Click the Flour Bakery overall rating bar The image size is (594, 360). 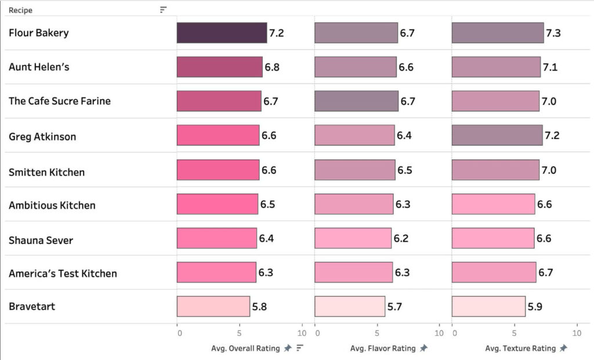[x=222, y=33]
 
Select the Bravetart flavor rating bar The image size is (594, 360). [x=350, y=307]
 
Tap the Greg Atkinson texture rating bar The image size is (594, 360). [x=497, y=136]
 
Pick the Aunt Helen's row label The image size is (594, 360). [x=39, y=67]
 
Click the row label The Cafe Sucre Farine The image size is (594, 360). [x=59, y=101]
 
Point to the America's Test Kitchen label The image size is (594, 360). [x=63, y=274]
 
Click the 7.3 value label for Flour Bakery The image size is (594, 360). [x=553, y=34]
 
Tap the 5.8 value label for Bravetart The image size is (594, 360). [x=259, y=307]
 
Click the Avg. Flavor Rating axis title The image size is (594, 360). [x=382, y=348]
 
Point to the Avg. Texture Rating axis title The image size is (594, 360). [x=520, y=348]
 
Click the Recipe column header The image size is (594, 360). [x=20, y=10]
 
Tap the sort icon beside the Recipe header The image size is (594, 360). [x=163, y=10]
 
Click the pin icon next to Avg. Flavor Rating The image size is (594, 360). [x=423, y=348]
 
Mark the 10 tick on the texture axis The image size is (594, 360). [x=577, y=333]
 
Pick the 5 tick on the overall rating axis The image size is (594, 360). [x=239, y=333]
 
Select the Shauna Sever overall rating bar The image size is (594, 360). [x=216, y=238]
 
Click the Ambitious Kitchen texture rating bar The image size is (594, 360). [x=493, y=204]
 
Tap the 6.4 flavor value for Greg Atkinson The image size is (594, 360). [x=404, y=136]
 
